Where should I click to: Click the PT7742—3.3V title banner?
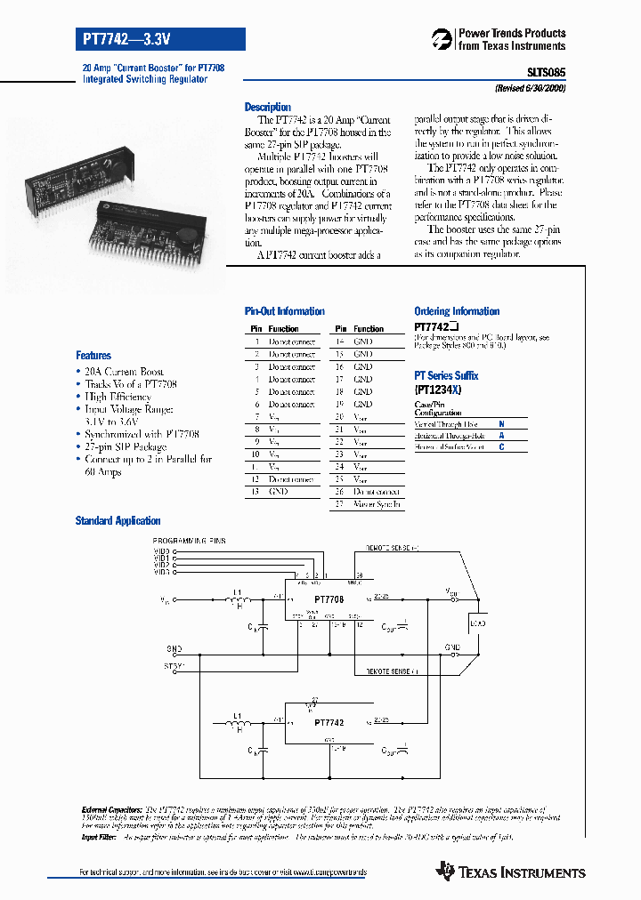159,38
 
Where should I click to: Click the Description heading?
267,107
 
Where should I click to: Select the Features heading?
93,355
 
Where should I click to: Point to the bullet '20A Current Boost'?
124,372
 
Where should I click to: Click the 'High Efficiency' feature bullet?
118,397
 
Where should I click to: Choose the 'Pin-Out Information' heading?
284,311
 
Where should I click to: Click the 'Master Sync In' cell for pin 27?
377,504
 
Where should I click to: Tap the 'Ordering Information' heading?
457,311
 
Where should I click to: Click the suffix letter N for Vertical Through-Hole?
501,425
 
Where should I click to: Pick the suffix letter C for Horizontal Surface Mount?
501,447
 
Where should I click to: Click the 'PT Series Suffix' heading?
446,376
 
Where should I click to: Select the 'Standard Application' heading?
118,521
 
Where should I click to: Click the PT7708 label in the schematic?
329,600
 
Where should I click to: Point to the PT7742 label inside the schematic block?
329,723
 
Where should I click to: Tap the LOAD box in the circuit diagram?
477,623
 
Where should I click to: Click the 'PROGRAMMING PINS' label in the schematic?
191,542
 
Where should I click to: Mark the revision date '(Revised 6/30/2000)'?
531,89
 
